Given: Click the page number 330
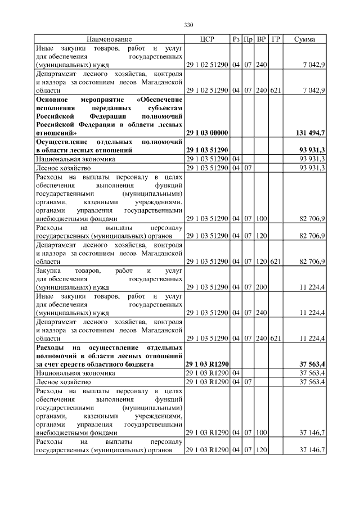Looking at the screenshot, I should point(188,25).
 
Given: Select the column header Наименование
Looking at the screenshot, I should point(109,39).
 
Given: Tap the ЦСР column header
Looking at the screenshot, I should point(207,39).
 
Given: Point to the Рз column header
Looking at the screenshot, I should point(236,39).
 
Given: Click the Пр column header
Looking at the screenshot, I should point(248,39).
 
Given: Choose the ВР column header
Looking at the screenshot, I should point(262,39).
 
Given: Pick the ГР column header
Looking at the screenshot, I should point(276,39).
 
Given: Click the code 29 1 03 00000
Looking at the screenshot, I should point(206,133).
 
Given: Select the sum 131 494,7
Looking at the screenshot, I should point(310,133).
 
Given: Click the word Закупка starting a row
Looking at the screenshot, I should point(50,271).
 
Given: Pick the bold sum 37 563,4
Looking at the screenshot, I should point(312,364).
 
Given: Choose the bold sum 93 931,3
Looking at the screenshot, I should point(312,151).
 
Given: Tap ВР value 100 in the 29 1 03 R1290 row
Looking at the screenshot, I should point(261,433).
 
